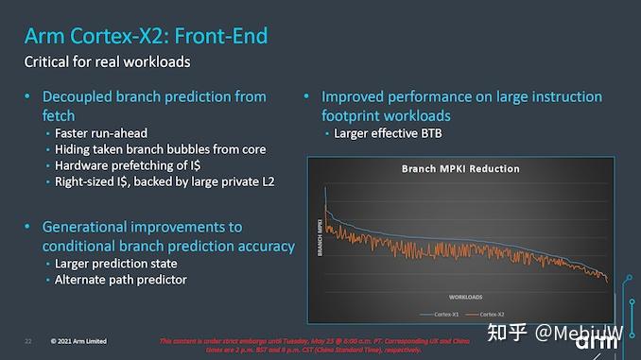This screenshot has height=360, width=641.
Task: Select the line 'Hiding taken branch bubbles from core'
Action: point(160,148)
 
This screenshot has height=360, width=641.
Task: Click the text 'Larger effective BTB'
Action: point(388,132)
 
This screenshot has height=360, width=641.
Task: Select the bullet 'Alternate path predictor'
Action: point(120,280)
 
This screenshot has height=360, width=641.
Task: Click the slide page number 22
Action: point(28,340)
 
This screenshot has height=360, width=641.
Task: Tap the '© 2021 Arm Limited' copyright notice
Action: point(78,340)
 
